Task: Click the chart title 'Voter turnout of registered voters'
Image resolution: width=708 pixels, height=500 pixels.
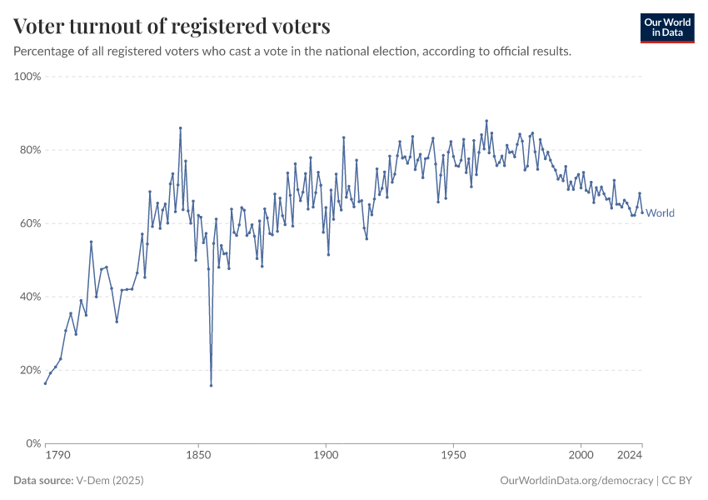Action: (172, 27)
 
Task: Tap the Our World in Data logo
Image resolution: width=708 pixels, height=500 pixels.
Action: (667, 27)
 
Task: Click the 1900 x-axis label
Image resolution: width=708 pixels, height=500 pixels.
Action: (326, 456)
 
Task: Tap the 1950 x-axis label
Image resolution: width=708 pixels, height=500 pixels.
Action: (453, 456)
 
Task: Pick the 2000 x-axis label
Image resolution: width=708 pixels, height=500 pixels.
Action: (581, 456)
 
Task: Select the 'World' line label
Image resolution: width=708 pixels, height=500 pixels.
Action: (661, 213)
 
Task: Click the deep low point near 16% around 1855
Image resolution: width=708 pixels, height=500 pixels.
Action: (211, 385)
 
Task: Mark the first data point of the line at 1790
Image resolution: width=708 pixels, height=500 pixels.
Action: (45, 383)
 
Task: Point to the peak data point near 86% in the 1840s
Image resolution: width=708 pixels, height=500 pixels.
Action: (180, 128)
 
